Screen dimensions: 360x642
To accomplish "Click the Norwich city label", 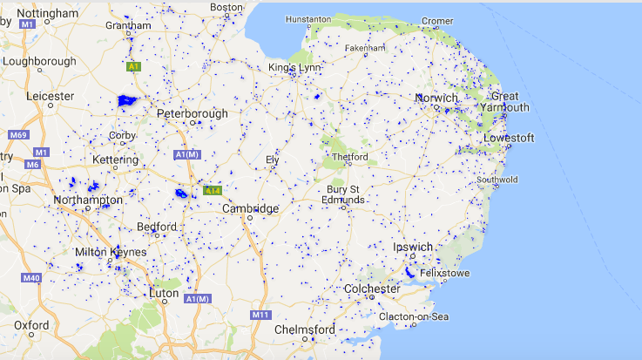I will (436, 98).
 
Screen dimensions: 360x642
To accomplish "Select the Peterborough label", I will (193, 113).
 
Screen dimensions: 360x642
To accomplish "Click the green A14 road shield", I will (213, 189).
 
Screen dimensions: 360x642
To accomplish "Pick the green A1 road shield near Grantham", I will (133, 66).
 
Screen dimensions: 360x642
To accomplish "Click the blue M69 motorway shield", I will (18, 135).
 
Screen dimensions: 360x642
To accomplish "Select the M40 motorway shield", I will (32, 278).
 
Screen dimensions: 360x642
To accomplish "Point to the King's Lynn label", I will (294, 67).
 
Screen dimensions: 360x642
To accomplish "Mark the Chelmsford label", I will (304, 330).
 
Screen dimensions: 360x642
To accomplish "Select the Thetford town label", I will (350, 157).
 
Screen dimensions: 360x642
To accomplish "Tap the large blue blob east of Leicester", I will (128, 100).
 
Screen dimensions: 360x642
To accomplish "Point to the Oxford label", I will (31, 324).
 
